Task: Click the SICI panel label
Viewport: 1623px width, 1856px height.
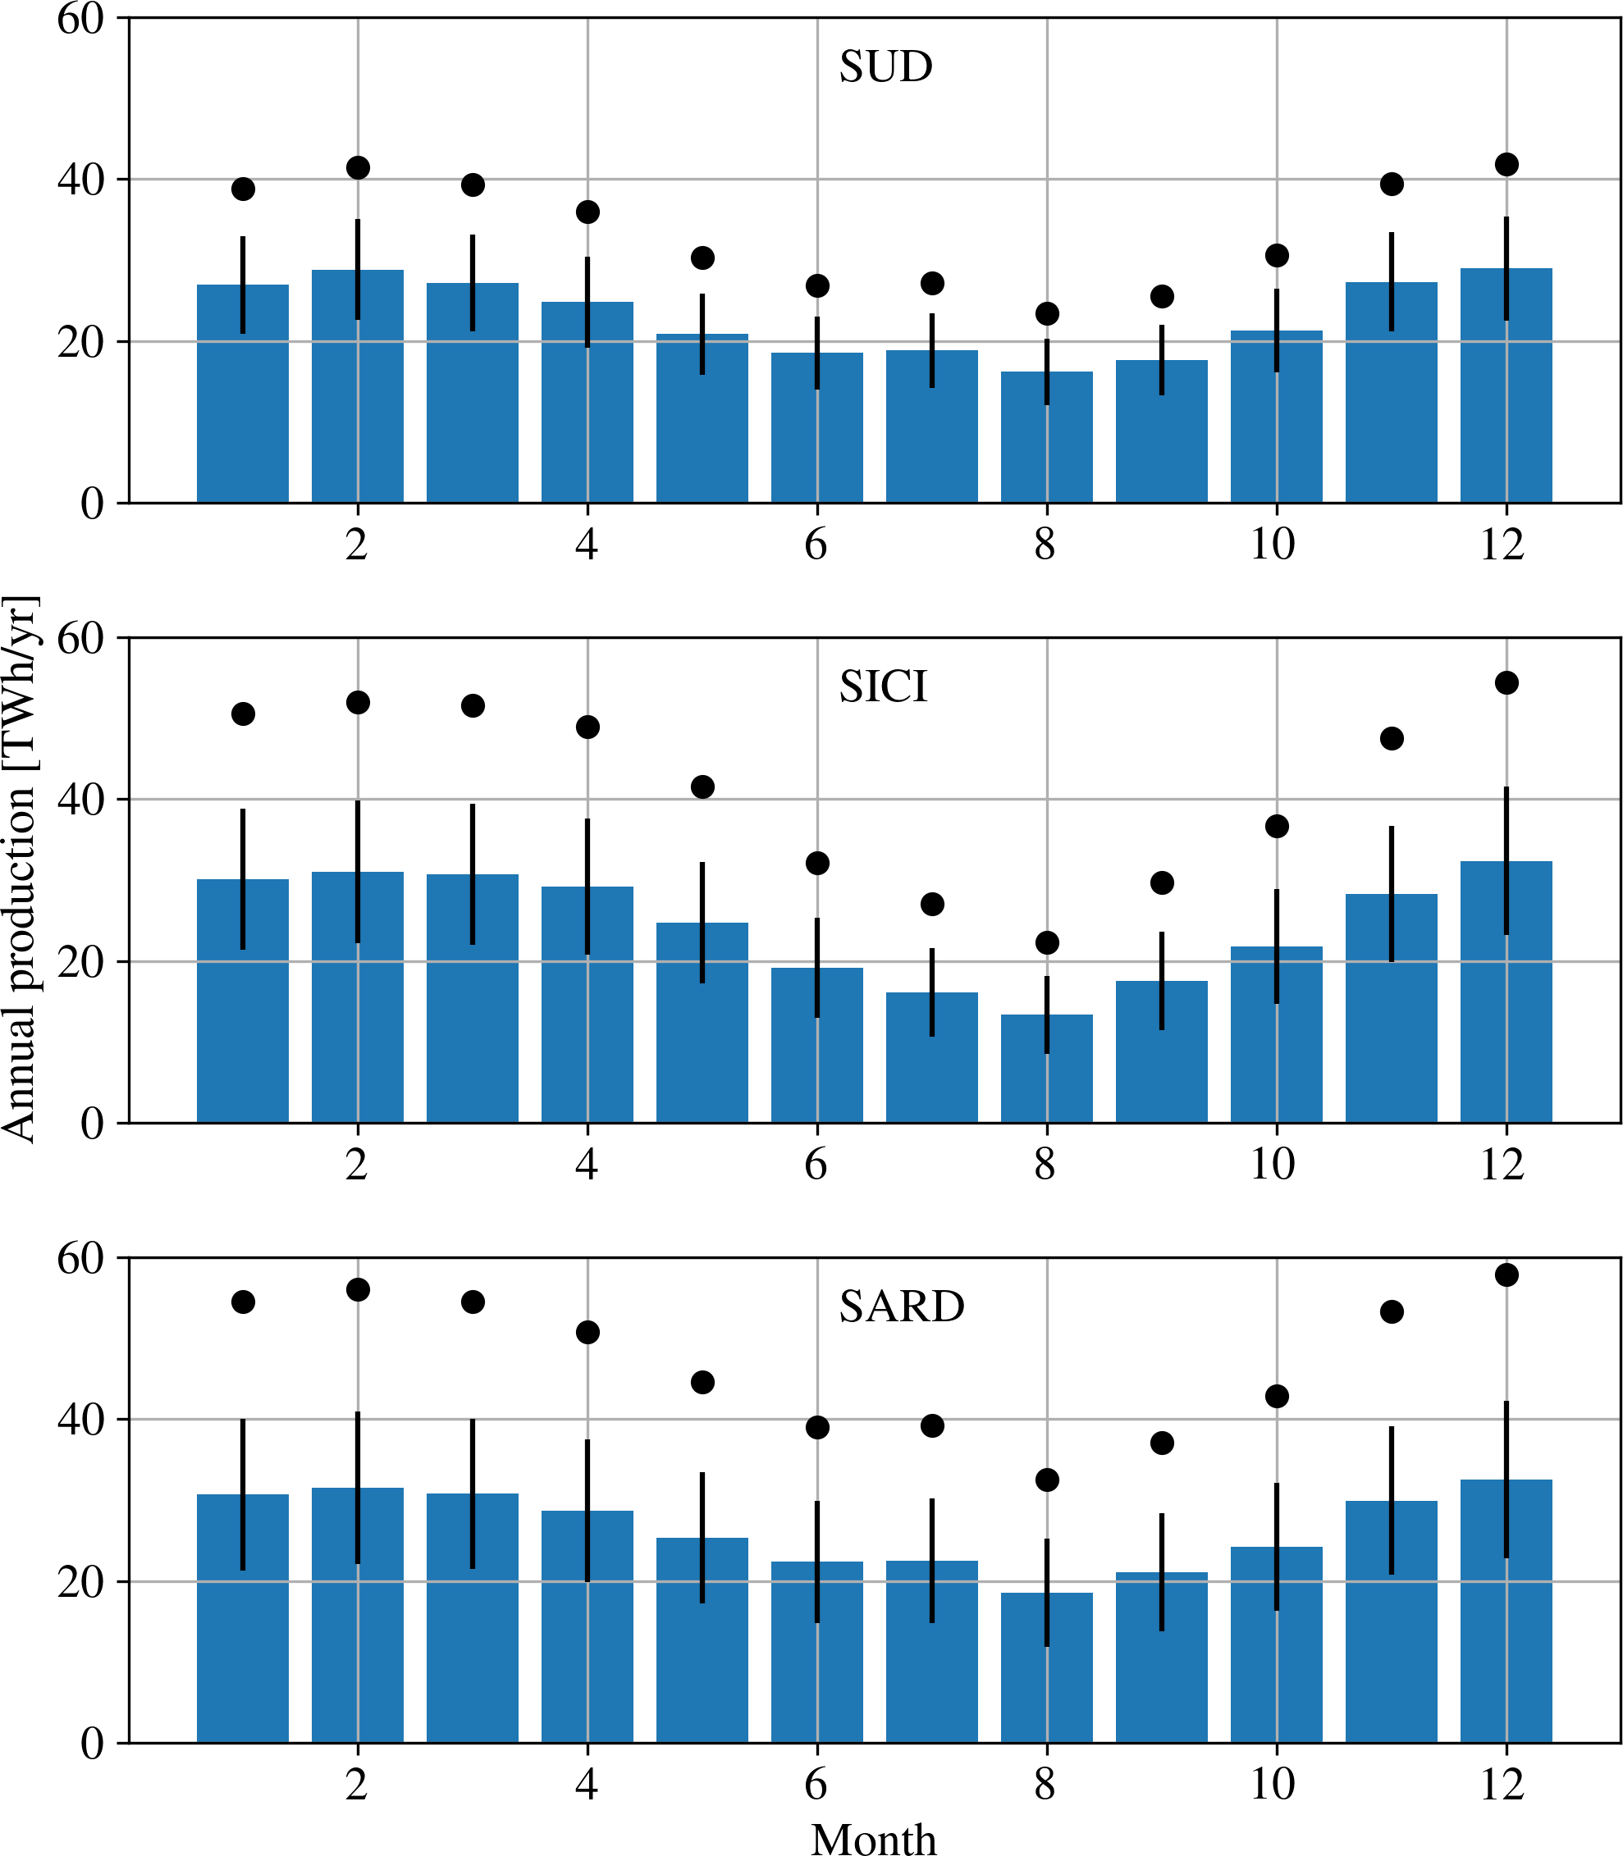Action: [x=883, y=687]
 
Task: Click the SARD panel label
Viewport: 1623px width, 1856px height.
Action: [x=901, y=1306]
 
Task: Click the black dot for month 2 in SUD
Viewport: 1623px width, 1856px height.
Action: [x=358, y=167]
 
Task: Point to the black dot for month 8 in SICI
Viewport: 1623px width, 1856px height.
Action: [x=1047, y=942]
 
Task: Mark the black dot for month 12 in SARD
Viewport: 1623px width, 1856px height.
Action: [x=1506, y=1275]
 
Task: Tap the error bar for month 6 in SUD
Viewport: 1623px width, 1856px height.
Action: [x=817, y=353]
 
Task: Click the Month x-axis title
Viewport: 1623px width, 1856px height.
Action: [x=873, y=1838]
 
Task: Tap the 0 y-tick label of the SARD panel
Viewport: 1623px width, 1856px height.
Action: [x=93, y=1744]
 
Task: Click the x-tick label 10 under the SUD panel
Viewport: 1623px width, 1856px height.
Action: [x=1273, y=544]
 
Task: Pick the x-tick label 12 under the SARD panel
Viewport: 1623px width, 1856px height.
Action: [x=1502, y=1785]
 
